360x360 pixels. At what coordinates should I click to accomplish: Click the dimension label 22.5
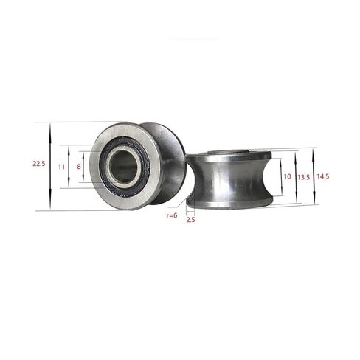pyautogui.click(x=38, y=165)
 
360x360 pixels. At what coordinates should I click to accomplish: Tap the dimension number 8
pyautogui.click(x=80, y=167)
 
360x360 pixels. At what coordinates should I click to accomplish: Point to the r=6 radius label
pyautogui.click(x=171, y=215)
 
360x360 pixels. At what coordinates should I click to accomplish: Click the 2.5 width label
pyautogui.click(x=190, y=220)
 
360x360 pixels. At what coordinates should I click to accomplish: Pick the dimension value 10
pyautogui.click(x=287, y=178)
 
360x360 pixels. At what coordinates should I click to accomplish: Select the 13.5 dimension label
pyautogui.click(x=303, y=178)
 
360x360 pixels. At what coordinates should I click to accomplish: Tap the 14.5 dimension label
pyautogui.click(x=322, y=177)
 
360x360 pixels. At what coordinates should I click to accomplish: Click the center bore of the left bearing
pyautogui.click(x=124, y=167)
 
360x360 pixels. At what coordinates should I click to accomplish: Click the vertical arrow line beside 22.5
pyautogui.click(x=49, y=166)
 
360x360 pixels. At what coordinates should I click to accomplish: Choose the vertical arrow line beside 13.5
pyautogui.click(x=296, y=178)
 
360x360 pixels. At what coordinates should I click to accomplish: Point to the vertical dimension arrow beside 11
pyautogui.click(x=69, y=167)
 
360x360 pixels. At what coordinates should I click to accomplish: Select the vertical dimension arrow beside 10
pyautogui.click(x=280, y=178)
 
